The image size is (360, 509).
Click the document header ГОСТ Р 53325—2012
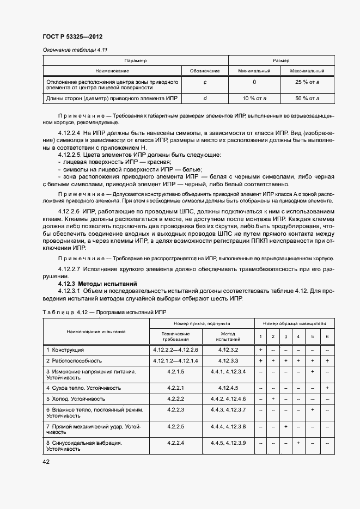pyautogui.click(x=73, y=37)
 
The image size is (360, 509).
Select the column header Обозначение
pyautogui.click(x=205, y=71)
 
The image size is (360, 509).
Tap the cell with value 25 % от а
pyautogui.click(x=307, y=82)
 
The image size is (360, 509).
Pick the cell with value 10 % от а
pyautogui.click(x=254, y=98)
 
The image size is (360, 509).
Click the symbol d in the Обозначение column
pyautogui.click(x=205, y=98)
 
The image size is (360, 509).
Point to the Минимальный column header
pyautogui.click(x=254, y=71)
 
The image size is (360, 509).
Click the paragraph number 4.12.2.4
pyautogui.click(x=69, y=133)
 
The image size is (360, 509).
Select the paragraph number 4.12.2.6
pyautogui.click(x=69, y=211)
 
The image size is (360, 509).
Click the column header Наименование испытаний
pyautogui.click(x=96, y=331)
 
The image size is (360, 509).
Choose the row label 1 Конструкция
pyautogui.click(x=65, y=349)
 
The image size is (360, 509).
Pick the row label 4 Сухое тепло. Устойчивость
pyautogui.click(x=83, y=388)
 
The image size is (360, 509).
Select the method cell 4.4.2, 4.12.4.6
pyautogui.click(x=228, y=399)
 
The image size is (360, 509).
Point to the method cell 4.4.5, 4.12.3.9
pyautogui.click(x=228, y=443)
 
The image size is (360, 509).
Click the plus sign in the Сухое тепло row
pyautogui.click(x=327, y=388)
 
